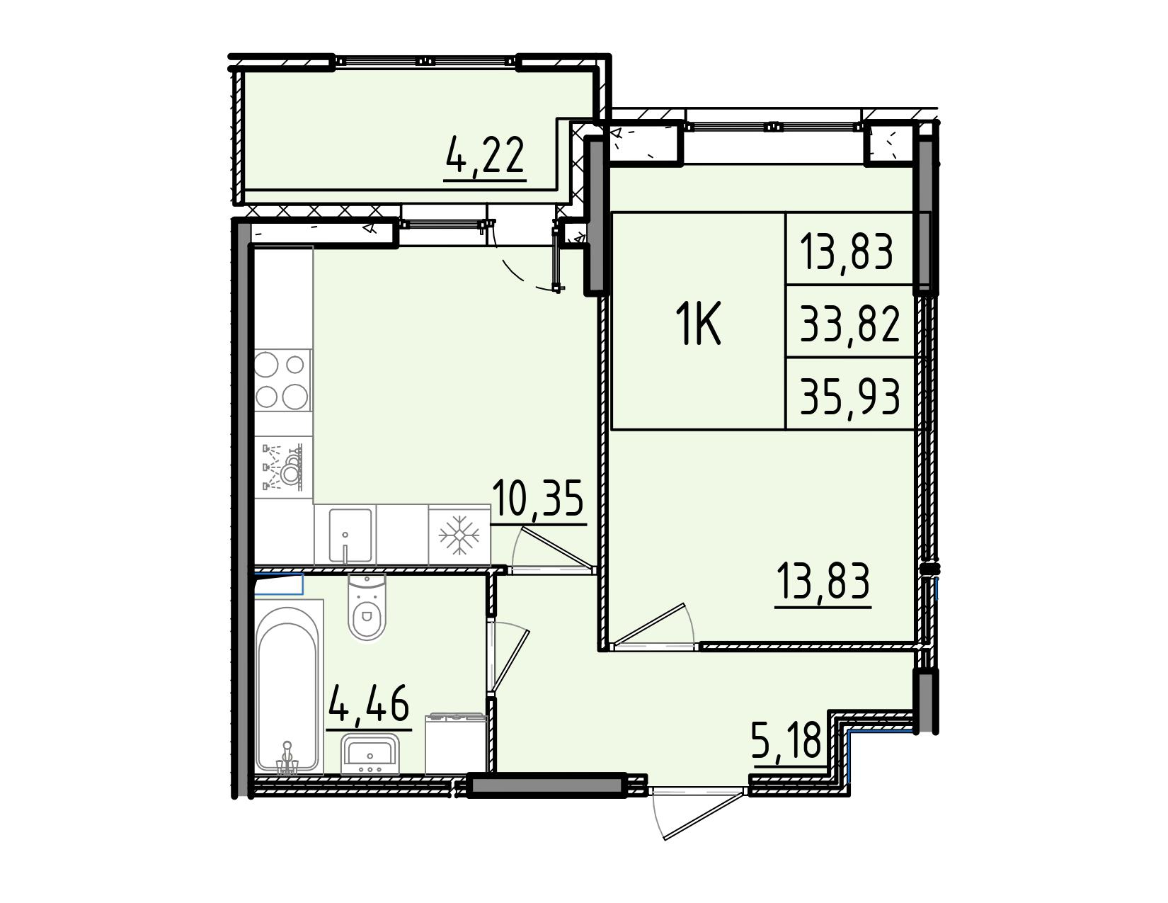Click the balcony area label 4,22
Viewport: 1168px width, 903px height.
pyautogui.click(x=485, y=155)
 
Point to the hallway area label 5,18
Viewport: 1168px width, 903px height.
pyautogui.click(x=787, y=741)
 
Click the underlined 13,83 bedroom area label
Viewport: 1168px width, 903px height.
pyautogui.click(x=823, y=581)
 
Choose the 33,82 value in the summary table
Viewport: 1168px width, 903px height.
pyautogui.click(x=849, y=323)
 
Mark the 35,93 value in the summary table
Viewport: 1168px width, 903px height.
pyautogui.click(x=849, y=395)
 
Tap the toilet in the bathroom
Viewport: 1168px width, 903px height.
pyautogui.click(x=367, y=607)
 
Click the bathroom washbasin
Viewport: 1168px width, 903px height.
pyautogui.click(x=370, y=753)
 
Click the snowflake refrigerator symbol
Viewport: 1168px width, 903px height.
pyautogui.click(x=459, y=535)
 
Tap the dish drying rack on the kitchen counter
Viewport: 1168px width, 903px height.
pyautogui.click(x=282, y=466)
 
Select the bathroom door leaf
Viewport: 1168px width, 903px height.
pyautogui.click(x=510, y=661)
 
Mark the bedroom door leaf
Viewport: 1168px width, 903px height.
pyautogui.click(x=649, y=623)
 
